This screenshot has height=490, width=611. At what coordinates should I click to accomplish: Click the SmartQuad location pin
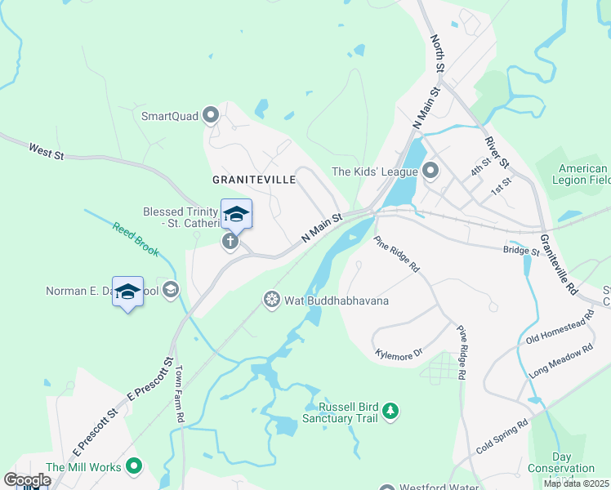(x=212, y=115)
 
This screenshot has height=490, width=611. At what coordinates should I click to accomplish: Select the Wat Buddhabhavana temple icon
(x=271, y=300)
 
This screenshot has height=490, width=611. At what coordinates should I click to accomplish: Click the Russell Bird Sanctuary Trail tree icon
(x=391, y=410)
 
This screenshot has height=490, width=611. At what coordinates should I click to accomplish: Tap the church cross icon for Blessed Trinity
(x=230, y=241)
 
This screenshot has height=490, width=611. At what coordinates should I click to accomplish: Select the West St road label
(x=46, y=150)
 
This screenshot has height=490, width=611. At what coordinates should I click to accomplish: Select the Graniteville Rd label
(x=559, y=265)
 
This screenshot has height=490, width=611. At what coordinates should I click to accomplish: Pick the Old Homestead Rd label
(x=560, y=332)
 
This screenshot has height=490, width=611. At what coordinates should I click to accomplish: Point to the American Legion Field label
(x=582, y=174)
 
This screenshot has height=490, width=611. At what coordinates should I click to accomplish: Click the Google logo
(x=27, y=480)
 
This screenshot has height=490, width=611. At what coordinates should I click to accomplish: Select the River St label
(x=496, y=153)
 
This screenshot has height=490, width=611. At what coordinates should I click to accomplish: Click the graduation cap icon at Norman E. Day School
(x=170, y=289)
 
